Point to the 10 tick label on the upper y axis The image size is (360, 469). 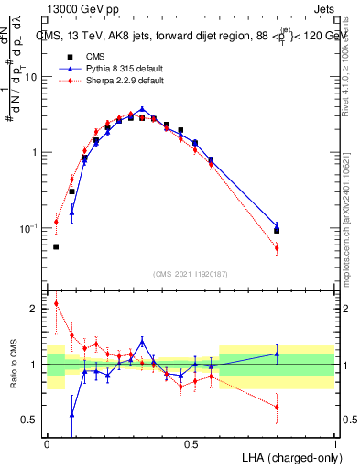point(30,78)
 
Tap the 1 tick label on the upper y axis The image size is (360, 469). point(34,153)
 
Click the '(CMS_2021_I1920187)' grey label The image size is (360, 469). point(191,274)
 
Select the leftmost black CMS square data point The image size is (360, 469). point(56,246)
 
